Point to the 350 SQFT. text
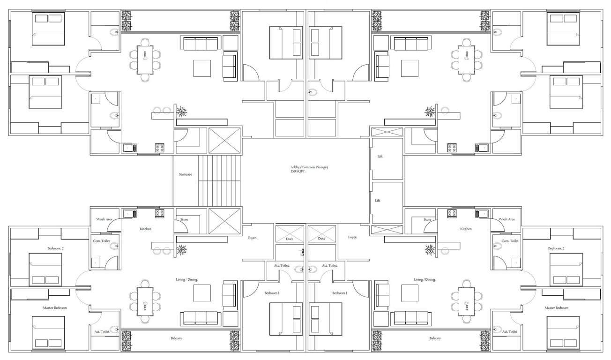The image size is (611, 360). [x=298, y=172]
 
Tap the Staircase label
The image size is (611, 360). [x=185, y=174]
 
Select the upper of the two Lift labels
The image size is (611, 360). [x=380, y=157]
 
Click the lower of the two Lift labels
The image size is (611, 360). [x=378, y=200]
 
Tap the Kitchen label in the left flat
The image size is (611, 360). [x=145, y=229]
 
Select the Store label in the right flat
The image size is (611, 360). [x=427, y=219]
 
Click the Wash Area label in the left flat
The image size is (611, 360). [x=104, y=219]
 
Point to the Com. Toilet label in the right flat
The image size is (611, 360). [x=510, y=241]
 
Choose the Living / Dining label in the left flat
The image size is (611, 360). [x=186, y=279]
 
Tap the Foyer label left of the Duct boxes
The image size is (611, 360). [x=252, y=238]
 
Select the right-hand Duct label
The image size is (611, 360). [x=321, y=239]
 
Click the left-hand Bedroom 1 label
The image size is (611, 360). [x=272, y=293]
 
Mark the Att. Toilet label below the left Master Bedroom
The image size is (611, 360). [x=102, y=331]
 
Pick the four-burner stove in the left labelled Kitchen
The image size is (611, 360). [x=160, y=214]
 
